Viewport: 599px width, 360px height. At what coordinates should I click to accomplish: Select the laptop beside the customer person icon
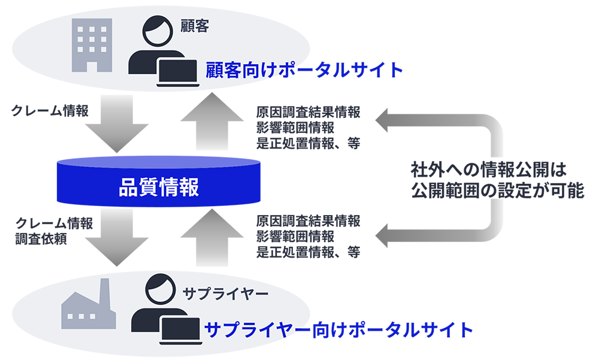(177, 72)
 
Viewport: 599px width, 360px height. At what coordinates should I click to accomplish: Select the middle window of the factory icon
(84, 316)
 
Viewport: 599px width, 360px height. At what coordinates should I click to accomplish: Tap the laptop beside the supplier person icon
(179, 328)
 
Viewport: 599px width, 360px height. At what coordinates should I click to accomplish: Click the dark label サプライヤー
(225, 294)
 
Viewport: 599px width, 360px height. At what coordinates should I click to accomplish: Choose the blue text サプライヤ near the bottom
(252, 329)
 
